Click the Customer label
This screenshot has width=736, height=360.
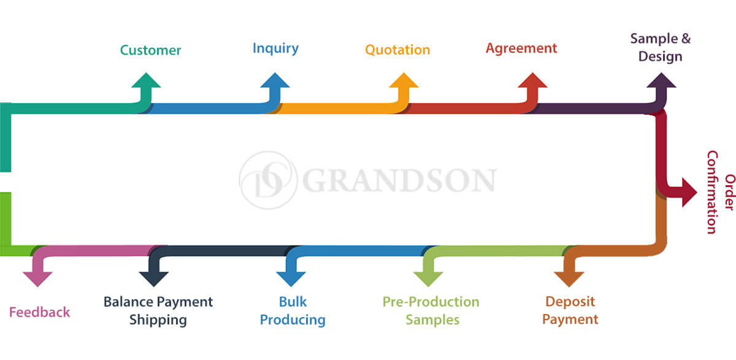(x=150, y=50)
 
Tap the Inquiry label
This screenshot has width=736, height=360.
(x=275, y=48)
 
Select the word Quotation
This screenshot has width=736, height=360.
(x=397, y=50)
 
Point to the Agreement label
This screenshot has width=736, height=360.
(x=521, y=49)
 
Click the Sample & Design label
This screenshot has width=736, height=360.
(x=661, y=47)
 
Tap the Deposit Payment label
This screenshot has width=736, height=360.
(x=570, y=310)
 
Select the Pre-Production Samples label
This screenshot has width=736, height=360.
(x=431, y=311)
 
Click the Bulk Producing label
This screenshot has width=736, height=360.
(x=293, y=311)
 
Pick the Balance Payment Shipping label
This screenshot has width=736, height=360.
(x=158, y=311)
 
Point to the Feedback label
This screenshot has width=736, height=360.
(x=39, y=312)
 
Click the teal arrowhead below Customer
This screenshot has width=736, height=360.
(x=146, y=80)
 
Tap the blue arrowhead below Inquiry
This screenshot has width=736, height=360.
(x=275, y=80)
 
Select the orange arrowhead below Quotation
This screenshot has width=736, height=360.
(x=404, y=80)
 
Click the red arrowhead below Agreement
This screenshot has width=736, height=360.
(x=532, y=80)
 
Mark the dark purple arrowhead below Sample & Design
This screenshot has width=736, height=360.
(x=661, y=80)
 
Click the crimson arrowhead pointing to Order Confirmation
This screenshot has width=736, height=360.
(x=689, y=193)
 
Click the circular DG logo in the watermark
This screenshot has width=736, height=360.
(x=269, y=180)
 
